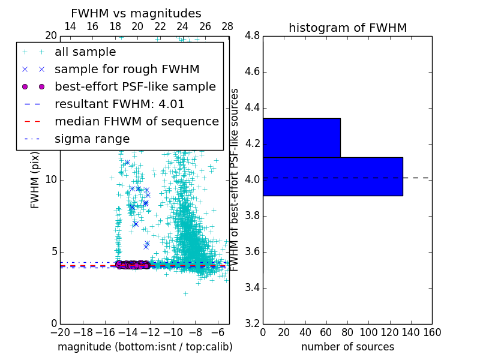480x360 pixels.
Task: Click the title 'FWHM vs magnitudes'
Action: point(136,13)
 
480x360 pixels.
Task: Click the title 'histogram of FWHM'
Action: point(347,28)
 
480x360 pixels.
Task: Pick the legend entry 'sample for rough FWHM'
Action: point(127,69)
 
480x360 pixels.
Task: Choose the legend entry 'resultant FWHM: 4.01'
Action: point(119,104)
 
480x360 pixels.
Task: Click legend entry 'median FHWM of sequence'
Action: point(136,121)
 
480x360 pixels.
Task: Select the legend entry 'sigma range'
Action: point(92,139)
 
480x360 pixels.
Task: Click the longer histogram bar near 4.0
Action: point(332,176)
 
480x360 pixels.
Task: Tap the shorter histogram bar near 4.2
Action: point(301,137)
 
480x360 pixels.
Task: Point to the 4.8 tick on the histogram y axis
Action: point(252,36)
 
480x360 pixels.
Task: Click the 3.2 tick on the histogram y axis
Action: point(252,323)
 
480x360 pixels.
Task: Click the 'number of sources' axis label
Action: point(347,347)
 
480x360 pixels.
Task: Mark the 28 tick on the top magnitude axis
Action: point(227,27)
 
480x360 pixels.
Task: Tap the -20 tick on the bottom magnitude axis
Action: point(60,332)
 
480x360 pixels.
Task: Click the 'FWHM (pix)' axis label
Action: point(35,180)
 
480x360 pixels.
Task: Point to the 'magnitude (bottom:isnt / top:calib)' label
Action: point(145,347)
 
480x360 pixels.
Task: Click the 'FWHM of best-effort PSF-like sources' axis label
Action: point(235,180)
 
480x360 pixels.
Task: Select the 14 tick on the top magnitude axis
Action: point(70,27)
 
